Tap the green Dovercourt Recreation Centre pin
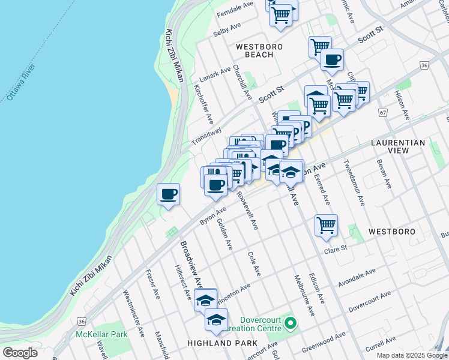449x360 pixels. click(x=291, y=324)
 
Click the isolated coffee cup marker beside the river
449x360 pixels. click(x=168, y=195)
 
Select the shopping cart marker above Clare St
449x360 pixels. click(x=326, y=226)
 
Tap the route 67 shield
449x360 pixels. click(x=382, y=112)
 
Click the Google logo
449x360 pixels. click(x=20, y=352)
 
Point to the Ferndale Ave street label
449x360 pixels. click(x=235, y=8)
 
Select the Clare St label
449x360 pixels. click(x=336, y=249)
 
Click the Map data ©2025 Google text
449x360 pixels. click(x=411, y=355)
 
